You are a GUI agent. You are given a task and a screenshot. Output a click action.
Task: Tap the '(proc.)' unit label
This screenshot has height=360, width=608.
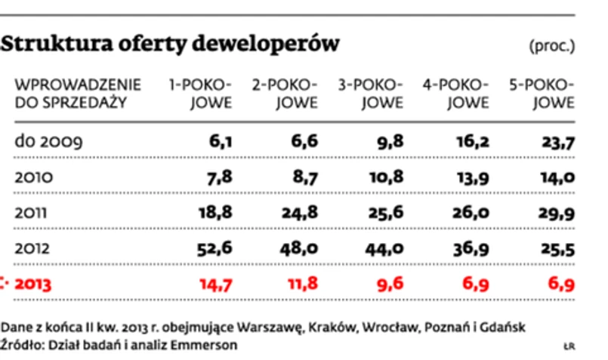click(552, 45)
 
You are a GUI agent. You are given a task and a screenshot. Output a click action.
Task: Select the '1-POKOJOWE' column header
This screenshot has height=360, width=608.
click(199, 94)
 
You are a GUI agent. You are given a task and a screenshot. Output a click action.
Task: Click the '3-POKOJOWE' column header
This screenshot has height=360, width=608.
click(369, 94)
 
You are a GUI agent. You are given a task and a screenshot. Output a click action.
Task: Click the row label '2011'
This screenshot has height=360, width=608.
click(30, 212)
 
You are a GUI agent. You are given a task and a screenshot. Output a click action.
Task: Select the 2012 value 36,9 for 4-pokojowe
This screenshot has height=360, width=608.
click(471, 248)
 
